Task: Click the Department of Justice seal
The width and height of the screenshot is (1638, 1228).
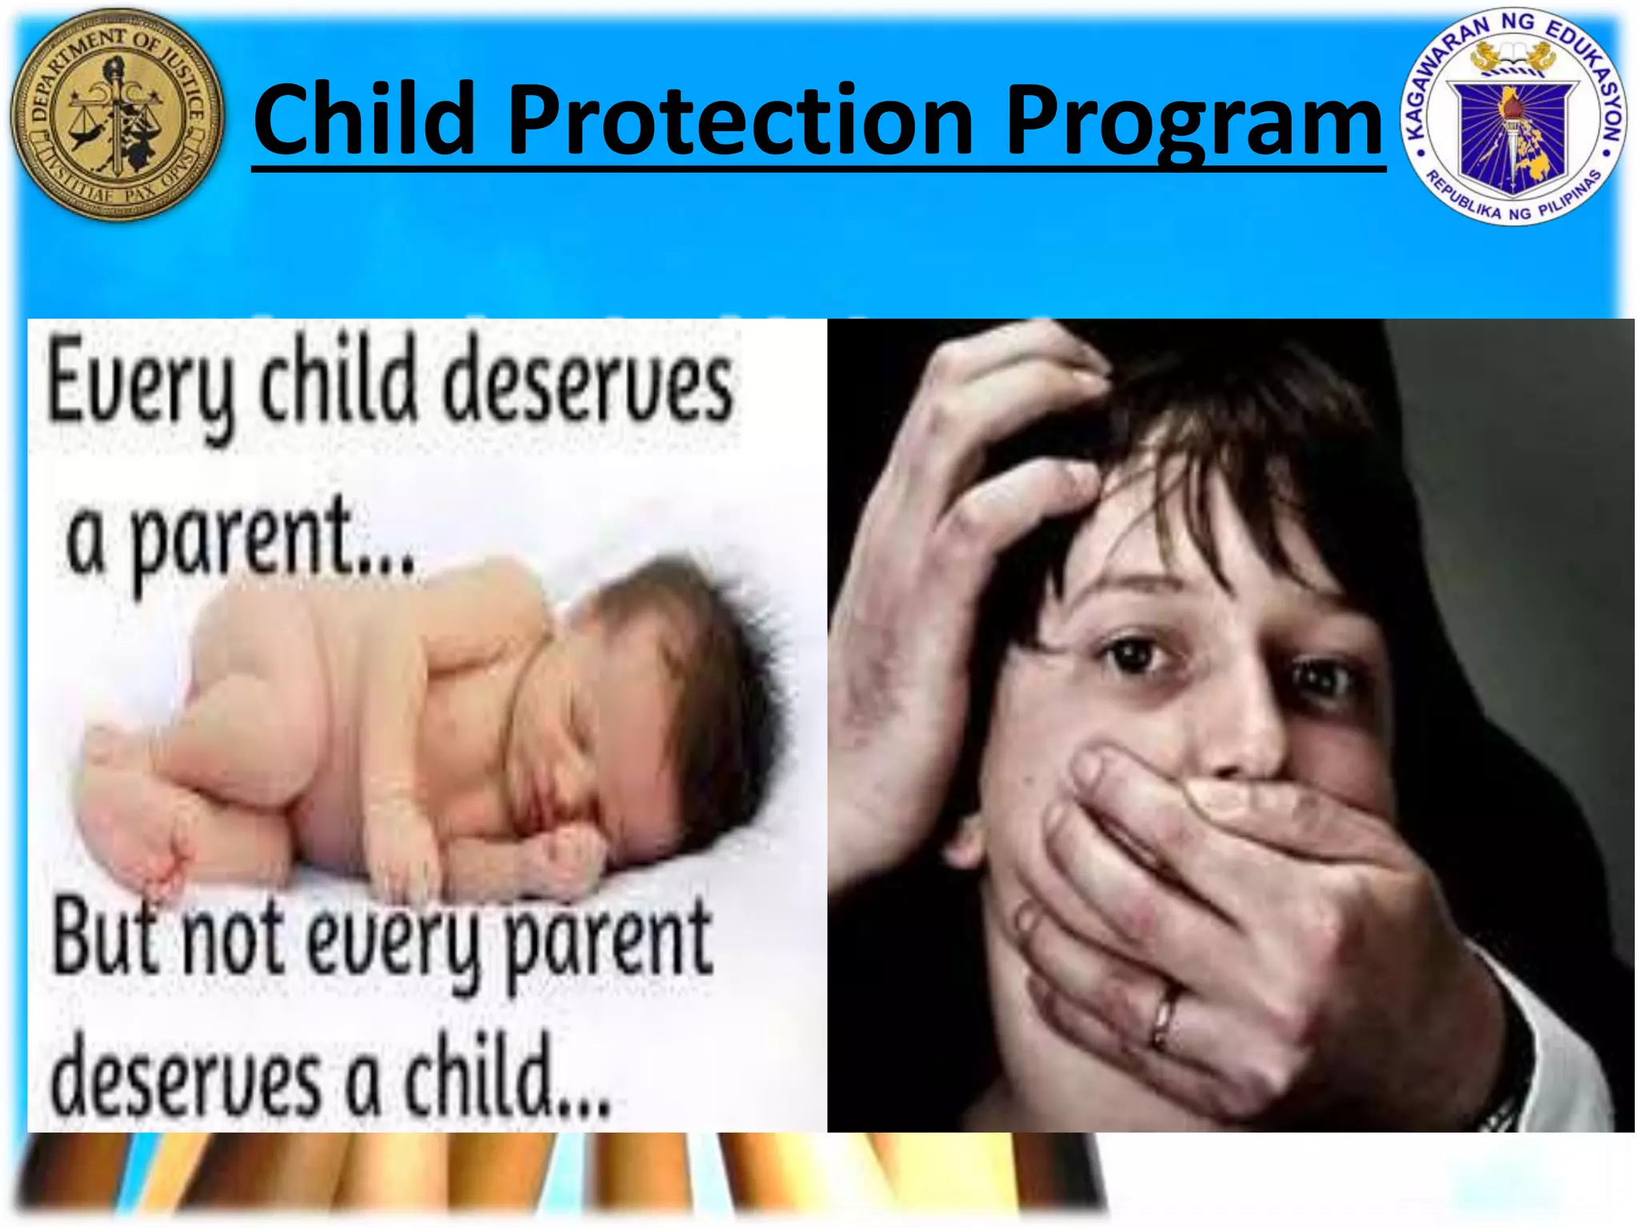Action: click(117, 115)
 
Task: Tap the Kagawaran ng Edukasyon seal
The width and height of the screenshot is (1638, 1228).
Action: click(1513, 118)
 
